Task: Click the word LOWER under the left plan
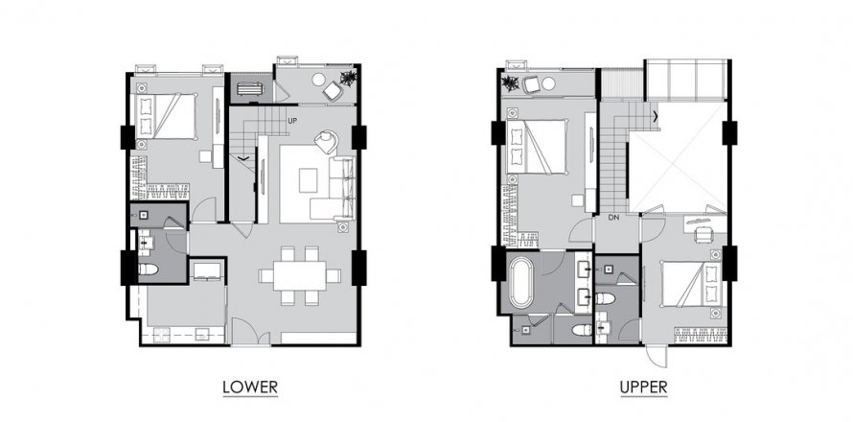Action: point(250,387)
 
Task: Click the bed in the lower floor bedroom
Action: point(165,117)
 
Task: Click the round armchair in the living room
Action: point(325,142)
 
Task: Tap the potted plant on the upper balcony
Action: point(509,83)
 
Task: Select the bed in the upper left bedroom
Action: point(542,146)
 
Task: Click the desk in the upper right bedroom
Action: point(703,230)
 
